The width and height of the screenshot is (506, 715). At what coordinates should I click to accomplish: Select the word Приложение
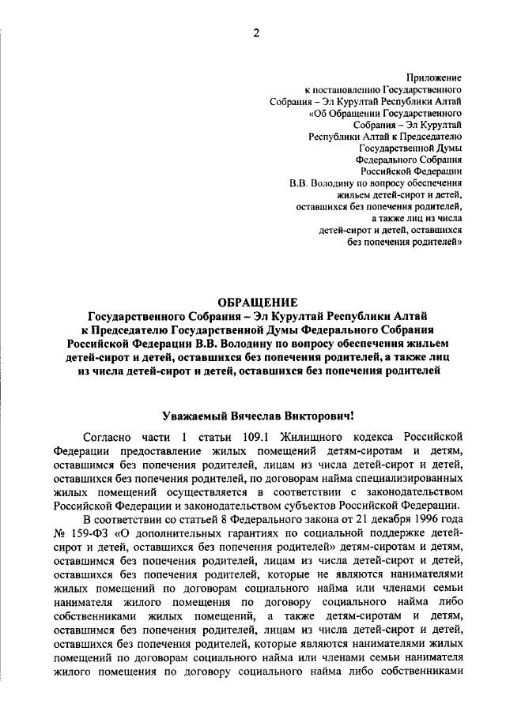click(x=434, y=77)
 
